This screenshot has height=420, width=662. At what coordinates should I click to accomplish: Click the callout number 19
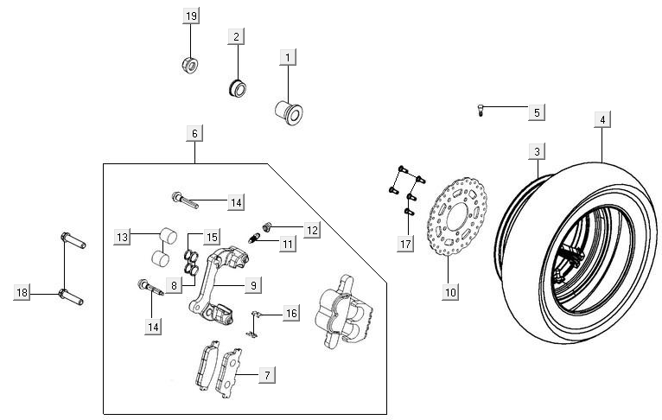point(192,17)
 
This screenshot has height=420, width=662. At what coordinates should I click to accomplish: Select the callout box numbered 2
point(235,36)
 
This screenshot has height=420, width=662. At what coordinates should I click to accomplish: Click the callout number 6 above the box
point(194,133)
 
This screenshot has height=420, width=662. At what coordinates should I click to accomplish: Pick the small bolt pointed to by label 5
point(480,110)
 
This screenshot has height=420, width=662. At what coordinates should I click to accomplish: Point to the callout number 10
point(450,292)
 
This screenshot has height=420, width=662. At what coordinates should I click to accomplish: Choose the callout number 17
point(405,245)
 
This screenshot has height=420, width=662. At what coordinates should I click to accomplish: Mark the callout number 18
point(23,294)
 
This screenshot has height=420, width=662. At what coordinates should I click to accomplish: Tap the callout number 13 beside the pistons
point(124,237)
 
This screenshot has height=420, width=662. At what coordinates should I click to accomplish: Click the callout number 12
point(311,230)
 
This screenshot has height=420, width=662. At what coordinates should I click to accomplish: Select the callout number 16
point(291,313)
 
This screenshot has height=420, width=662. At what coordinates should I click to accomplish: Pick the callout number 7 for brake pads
point(267,375)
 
